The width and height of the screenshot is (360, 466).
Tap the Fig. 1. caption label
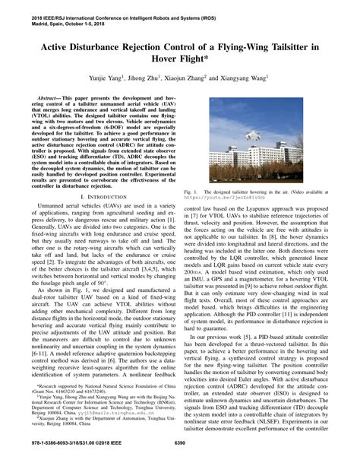[x=191, y=193]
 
